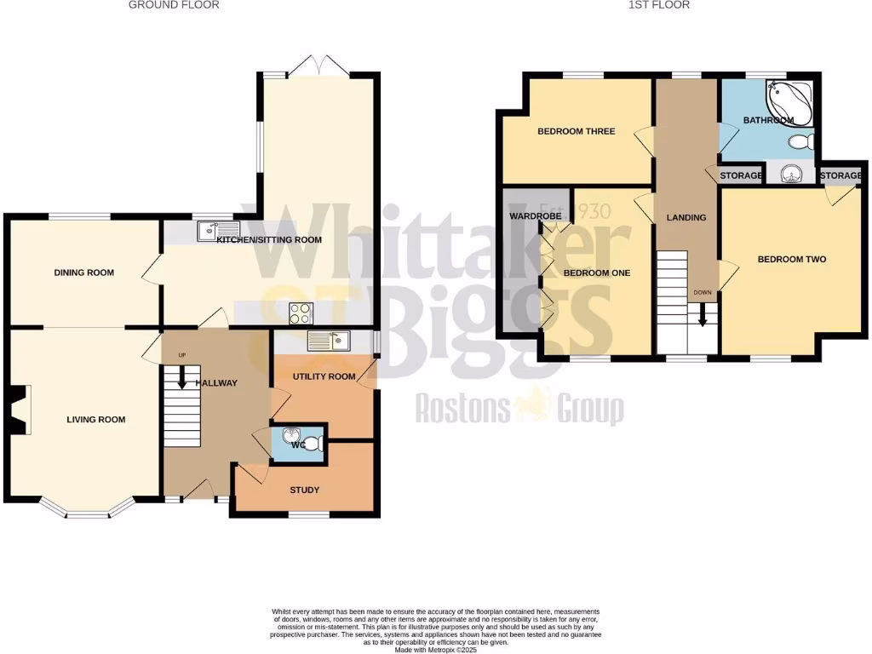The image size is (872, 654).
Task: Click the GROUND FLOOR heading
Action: tap(174, 5)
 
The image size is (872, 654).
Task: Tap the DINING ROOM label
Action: tap(83, 272)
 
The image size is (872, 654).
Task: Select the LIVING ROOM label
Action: tap(96, 419)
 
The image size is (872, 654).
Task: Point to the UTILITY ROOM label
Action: tap(324, 376)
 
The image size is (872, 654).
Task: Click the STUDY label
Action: tap(304, 490)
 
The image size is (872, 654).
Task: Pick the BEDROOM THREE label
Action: tap(576, 131)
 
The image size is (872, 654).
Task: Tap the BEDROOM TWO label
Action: tap(792, 259)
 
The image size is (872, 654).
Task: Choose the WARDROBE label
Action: tap(535, 216)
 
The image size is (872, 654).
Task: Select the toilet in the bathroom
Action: tap(800, 141)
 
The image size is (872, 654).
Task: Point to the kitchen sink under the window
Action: tap(209, 231)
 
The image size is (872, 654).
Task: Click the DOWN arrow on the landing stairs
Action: tap(703, 315)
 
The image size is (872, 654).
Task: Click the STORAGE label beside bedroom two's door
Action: tap(840, 175)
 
